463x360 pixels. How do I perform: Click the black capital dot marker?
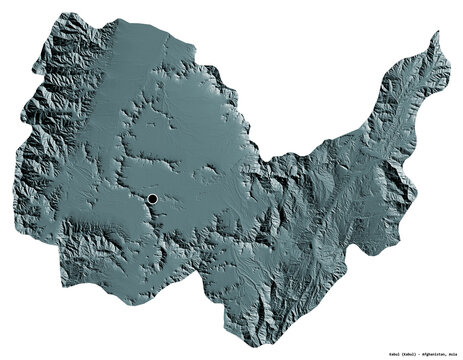152,200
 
